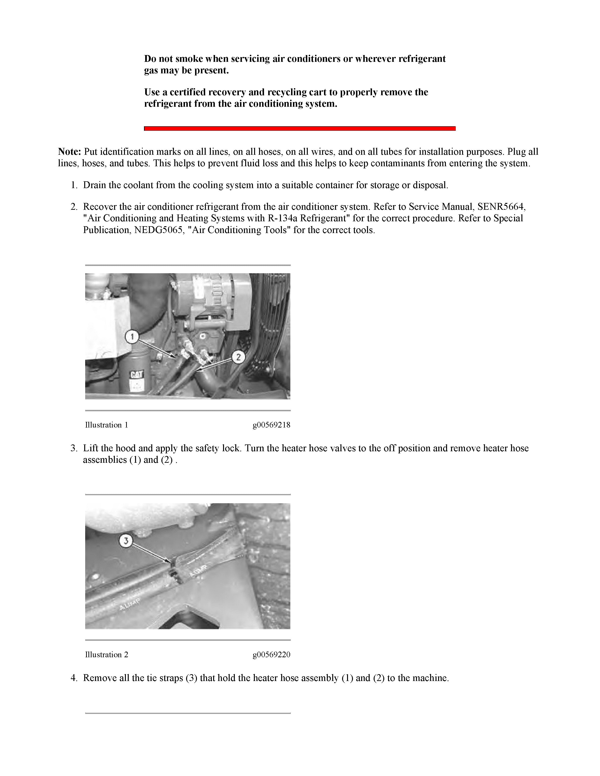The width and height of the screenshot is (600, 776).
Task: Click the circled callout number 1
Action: click(132, 336)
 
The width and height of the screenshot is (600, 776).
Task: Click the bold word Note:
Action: click(70, 152)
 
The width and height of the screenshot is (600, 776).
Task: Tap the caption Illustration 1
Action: click(106, 425)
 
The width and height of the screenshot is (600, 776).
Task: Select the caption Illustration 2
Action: click(106, 654)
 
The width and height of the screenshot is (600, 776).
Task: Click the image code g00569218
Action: click(271, 425)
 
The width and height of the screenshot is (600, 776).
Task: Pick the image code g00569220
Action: click(271, 654)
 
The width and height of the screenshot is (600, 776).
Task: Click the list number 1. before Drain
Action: click(74, 185)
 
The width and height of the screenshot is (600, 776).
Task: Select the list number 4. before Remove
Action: click(74, 678)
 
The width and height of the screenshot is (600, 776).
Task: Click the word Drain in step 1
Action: click(95, 185)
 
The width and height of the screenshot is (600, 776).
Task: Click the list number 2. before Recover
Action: click(74, 206)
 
